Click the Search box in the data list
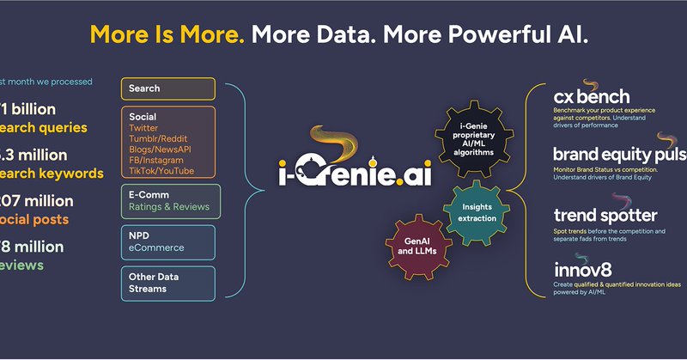tap(168, 88)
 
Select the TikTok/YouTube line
tap(161, 170)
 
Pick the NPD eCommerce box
tap(168, 241)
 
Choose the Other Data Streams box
tap(168, 283)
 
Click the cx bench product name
tap(592, 97)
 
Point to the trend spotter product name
tap(605, 216)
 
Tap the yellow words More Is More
tap(167, 36)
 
